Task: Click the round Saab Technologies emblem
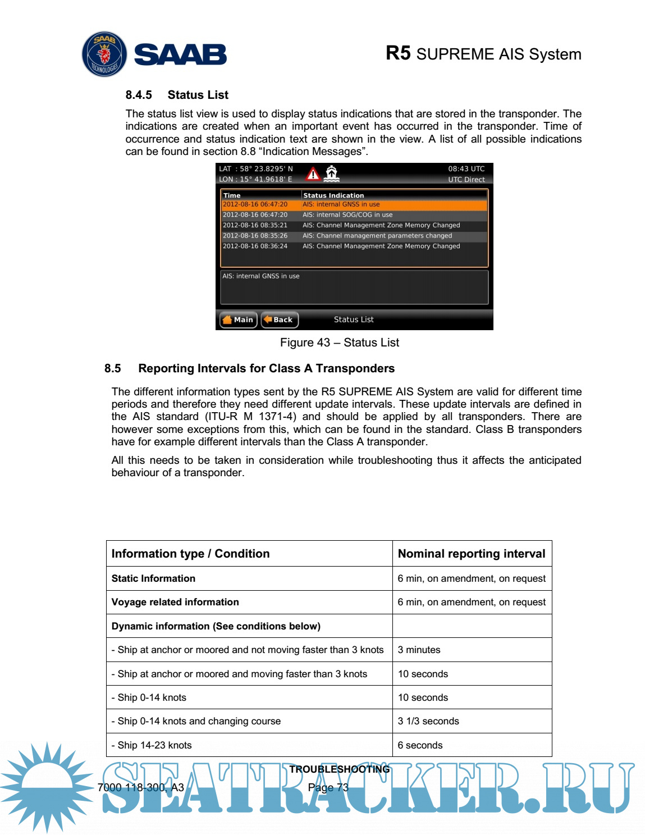(104, 54)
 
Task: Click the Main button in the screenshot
(238, 320)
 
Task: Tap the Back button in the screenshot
(279, 320)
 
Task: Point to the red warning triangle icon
(313, 174)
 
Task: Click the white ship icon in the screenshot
(332, 174)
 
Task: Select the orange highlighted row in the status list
(354, 205)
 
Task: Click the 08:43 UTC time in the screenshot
(466, 168)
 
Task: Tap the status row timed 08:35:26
(354, 236)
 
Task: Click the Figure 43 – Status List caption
(340, 343)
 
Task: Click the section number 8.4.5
(139, 95)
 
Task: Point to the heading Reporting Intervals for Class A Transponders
(266, 368)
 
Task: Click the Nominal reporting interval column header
(472, 554)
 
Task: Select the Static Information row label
(153, 578)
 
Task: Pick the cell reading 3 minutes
(419, 650)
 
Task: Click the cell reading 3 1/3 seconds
(428, 721)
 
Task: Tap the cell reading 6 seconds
(420, 745)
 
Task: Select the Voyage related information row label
(175, 602)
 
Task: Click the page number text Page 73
(328, 787)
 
